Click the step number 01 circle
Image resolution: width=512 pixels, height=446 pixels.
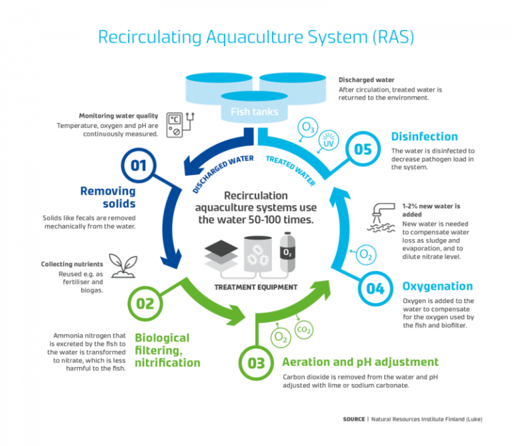click(138, 165)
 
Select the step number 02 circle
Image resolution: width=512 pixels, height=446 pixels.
click(145, 304)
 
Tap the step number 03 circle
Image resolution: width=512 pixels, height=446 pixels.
click(257, 363)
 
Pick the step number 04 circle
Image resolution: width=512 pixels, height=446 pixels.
click(375, 288)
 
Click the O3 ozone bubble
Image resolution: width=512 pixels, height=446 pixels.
click(308, 127)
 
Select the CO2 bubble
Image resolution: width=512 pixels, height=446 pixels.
click(303, 330)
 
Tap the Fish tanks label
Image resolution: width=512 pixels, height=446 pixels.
click(254, 111)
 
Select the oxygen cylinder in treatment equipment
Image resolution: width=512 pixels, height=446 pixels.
click(287, 253)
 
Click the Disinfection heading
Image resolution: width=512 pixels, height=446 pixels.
click(424, 137)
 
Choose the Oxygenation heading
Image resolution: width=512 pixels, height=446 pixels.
click(437, 286)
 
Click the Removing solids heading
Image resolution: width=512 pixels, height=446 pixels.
click(107, 198)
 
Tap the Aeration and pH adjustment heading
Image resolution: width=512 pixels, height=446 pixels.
click(360, 362)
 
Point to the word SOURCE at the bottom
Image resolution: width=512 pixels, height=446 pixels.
click(354, 419)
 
